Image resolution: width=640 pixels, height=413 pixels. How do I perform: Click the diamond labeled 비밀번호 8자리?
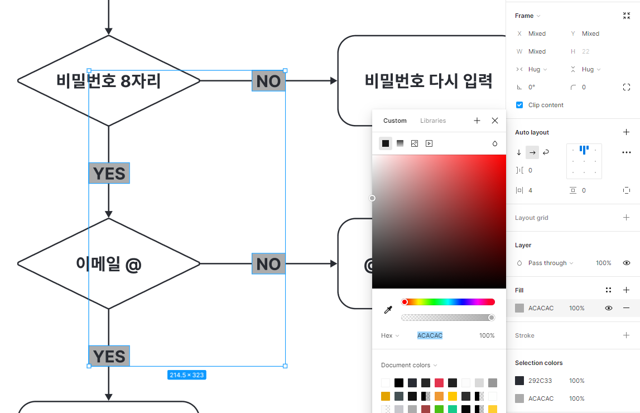56,81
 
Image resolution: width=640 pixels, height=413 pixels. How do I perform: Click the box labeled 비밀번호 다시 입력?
428,81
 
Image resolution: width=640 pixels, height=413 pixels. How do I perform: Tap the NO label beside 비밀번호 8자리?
268,81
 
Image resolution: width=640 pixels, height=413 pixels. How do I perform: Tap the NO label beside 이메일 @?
268,263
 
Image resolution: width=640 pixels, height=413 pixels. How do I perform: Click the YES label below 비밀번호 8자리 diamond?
109,173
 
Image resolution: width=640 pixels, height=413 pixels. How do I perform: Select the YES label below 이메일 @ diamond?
109,356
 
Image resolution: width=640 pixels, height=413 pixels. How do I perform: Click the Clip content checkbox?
519,105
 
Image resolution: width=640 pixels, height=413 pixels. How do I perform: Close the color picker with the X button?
495,121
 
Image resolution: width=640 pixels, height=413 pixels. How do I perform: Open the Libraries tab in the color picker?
433,121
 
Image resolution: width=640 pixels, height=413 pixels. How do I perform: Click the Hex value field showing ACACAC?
430,335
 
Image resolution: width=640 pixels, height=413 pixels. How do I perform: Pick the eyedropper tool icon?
388,310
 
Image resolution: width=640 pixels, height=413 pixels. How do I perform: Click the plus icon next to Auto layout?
626,132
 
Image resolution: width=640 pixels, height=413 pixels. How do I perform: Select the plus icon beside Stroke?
626,335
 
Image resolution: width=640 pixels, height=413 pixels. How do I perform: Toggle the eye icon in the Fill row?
609,308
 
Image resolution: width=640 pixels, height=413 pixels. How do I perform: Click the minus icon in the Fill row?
626,308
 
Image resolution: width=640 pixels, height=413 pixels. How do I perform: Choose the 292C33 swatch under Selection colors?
519,381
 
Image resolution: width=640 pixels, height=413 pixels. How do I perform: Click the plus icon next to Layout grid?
626,218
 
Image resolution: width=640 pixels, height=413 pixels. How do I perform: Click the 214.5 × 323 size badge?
187,375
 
